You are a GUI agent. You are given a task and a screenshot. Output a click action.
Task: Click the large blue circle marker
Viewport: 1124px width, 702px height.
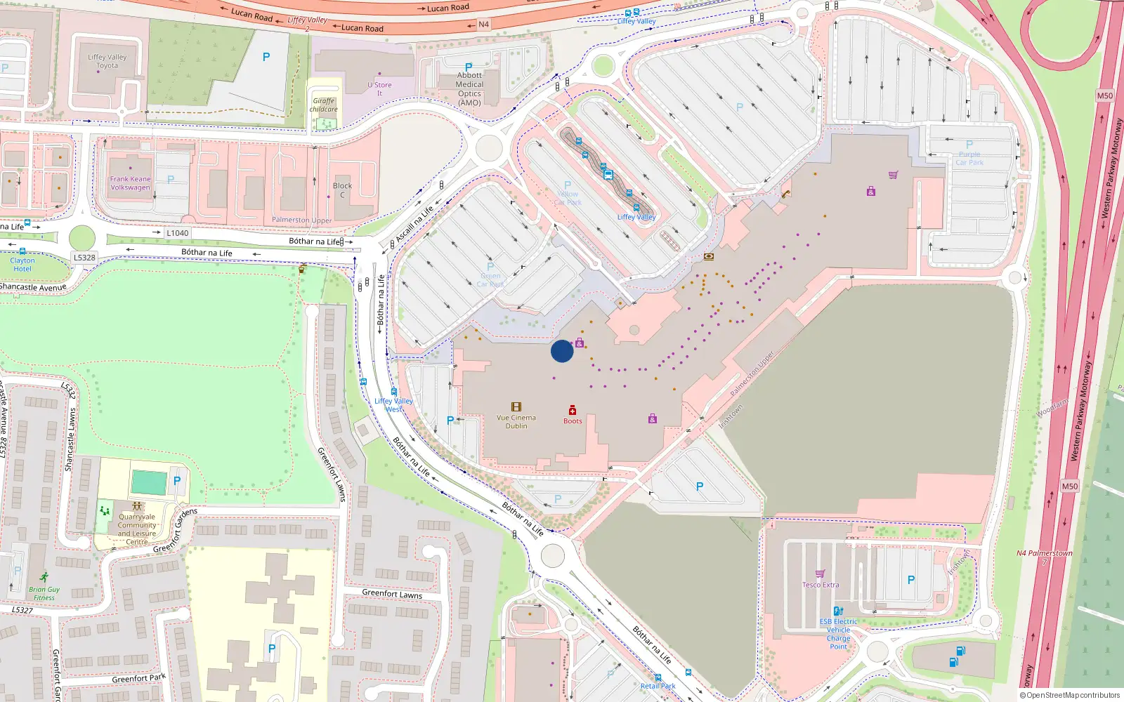point(562,351)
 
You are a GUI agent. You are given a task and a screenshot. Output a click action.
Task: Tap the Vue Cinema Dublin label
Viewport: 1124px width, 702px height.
point(516,422)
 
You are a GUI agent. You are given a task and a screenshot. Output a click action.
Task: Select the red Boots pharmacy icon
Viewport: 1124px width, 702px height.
point(573,410)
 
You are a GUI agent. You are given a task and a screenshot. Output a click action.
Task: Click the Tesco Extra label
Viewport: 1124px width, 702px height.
point(821,585)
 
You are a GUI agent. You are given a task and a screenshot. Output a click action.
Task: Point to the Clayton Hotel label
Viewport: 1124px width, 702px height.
point(22,265)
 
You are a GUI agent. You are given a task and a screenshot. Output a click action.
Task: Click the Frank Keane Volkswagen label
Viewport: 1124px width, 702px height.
point(130,183)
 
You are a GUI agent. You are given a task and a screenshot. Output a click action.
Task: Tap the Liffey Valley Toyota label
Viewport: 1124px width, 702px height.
point(107,62)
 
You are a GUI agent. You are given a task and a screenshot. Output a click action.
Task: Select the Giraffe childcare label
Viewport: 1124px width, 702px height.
point(324,105)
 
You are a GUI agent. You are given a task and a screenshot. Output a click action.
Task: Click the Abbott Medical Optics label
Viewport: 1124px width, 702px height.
point(469,89)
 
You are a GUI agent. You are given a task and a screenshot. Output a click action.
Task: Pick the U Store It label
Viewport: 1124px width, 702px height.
point(379,89)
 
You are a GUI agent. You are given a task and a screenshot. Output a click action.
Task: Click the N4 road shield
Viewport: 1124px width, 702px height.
point(483,25)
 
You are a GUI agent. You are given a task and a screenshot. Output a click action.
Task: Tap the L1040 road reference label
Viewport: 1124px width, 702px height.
point(177,233)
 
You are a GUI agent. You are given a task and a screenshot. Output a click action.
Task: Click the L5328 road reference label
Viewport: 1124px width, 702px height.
point(84,258)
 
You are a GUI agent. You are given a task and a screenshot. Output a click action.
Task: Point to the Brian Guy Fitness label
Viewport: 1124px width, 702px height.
point(44,594)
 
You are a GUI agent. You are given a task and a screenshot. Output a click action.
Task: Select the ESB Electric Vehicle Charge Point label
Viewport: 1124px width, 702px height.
point(838,634)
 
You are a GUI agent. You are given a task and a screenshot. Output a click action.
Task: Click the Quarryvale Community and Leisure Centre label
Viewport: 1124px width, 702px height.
point(137,529)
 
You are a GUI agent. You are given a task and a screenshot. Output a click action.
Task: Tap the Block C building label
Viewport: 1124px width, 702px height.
point(342,190)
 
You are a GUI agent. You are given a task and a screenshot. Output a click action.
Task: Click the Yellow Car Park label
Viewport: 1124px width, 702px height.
point(568,198)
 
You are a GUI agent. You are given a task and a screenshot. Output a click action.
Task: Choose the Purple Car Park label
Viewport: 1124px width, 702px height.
point(969,158)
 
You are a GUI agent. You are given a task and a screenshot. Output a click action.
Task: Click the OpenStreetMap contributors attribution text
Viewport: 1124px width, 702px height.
point(1071,696)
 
